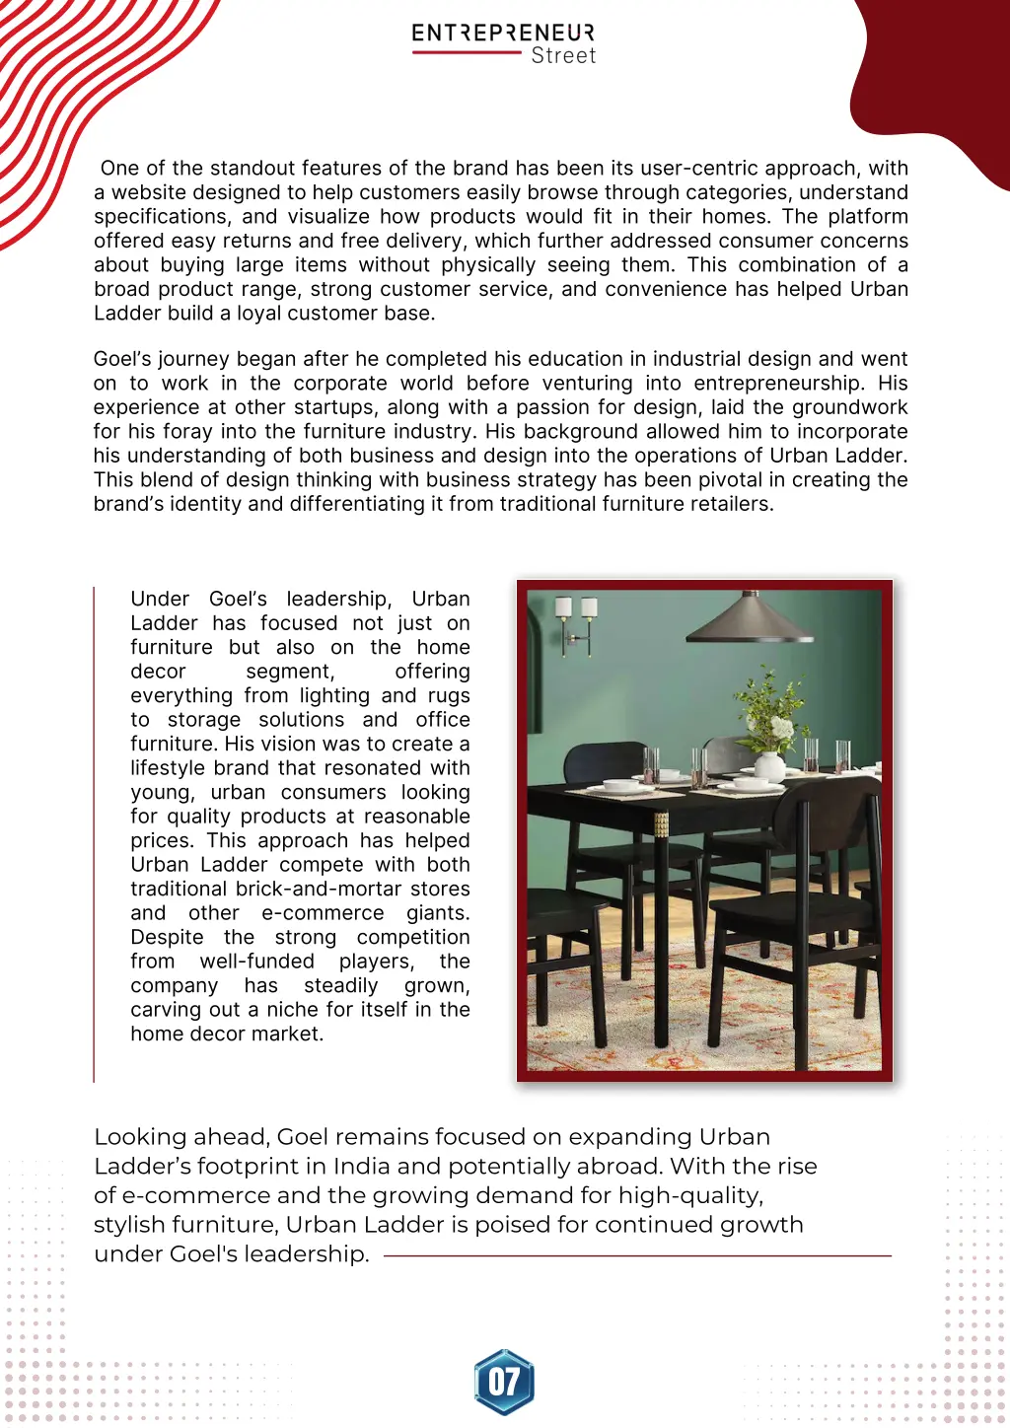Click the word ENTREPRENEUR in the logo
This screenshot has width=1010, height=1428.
click(x=503, y=33)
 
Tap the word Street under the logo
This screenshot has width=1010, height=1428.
click(x=563, y=56)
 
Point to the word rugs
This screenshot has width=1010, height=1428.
click(x=449, y=696)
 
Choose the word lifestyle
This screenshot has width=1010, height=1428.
click(x=172, y=768)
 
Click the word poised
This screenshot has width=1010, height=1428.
click(x=510, y=1225)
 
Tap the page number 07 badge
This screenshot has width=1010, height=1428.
click(x=504, y=1382)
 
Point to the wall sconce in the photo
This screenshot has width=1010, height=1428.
click(x=577, y=624)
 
